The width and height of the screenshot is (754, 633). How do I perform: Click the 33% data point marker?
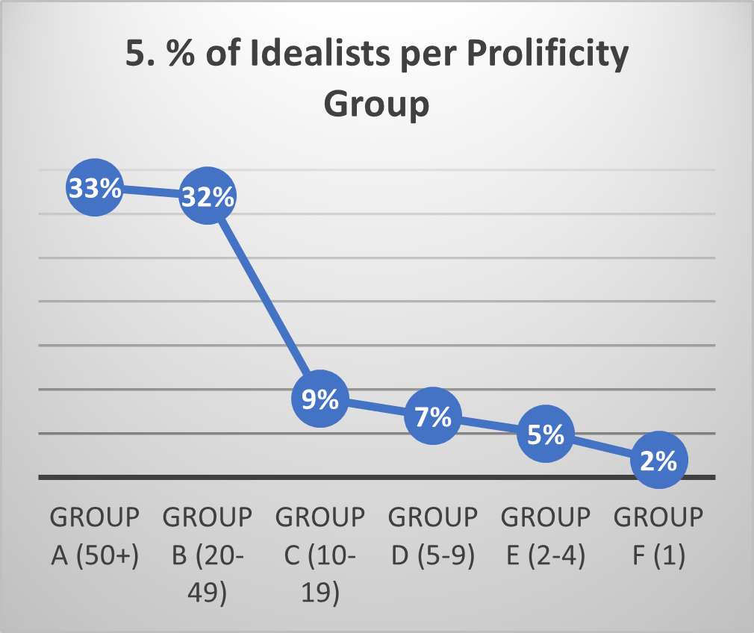95,189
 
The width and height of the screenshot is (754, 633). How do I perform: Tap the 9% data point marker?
320,399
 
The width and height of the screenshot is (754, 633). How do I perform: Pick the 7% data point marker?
432,417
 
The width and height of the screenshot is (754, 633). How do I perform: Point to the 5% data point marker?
545,434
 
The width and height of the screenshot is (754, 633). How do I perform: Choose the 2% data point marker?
658,461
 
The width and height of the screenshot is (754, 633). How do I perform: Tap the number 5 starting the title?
135,58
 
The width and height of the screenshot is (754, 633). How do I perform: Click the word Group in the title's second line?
376,103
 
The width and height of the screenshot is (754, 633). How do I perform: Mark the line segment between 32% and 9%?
264,298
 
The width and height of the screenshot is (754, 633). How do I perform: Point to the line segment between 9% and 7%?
376,408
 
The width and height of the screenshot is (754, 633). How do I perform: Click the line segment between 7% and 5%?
489,425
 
